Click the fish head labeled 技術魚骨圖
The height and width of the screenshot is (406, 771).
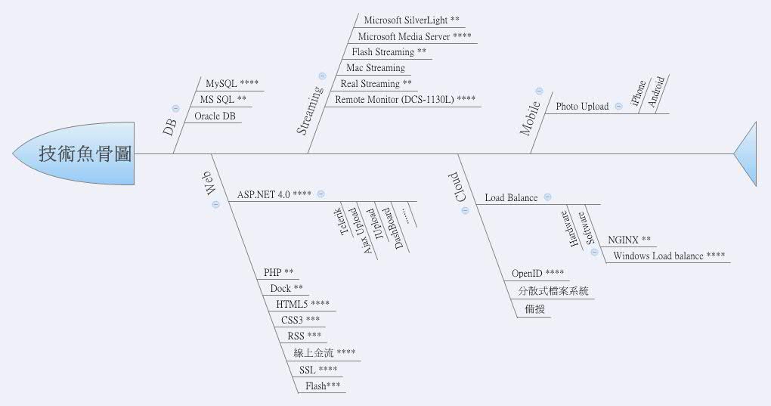click(76, 153)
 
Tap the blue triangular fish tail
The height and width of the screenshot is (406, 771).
click(748, 153)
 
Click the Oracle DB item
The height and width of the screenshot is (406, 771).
click(215, 116)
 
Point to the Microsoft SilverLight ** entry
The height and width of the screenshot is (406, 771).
click(411, 20)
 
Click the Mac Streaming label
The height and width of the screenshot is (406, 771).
click(376, 68)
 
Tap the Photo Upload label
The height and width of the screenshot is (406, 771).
click(582, 107)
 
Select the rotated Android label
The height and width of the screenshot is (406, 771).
click(658, 93)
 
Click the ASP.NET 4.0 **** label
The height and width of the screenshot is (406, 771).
click(274, 194)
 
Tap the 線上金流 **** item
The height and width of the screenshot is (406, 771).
click(324, 352)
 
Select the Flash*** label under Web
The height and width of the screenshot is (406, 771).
click(323, 386)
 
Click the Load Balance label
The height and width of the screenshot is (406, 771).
click(511, 198)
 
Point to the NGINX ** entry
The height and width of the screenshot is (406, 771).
click(629, 240)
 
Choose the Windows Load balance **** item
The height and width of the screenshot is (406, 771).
click(669, 256)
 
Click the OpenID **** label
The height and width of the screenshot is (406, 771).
click(537, 274)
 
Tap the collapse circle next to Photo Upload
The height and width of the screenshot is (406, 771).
click(618, 107)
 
